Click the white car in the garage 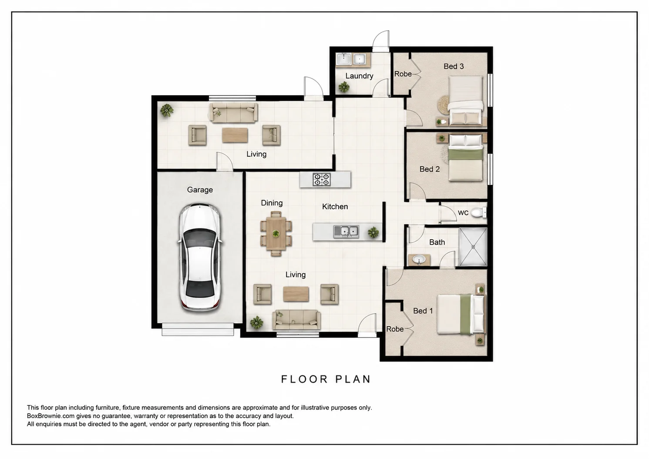click(200, 258)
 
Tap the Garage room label click(200, 190)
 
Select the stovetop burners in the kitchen click(322, 180)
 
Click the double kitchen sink click(346, 231)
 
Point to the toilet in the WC click(478, 213)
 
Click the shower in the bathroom click(473, 247)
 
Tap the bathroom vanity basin click(419, 260)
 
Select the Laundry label click(359, 76)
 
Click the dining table click(276, 233)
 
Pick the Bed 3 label click(454, 66)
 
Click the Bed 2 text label click(430, 169)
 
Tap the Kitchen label click(335, 207)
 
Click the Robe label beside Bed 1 click(395, 329)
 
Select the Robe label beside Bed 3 click(403, 74)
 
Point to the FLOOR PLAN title click(326, 379)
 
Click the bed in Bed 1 click(461, 314)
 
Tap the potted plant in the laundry click(344, 87)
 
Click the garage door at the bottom click(198, 329)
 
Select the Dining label click(272, 203)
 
